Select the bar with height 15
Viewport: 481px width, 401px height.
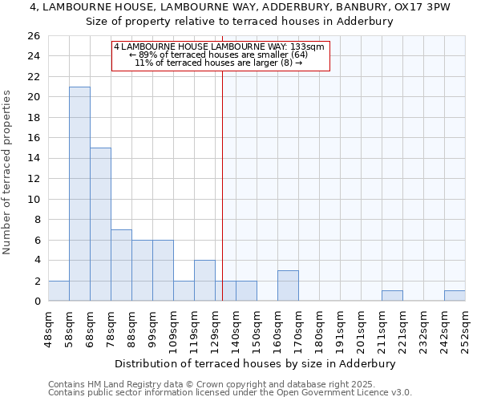tap(100, 225)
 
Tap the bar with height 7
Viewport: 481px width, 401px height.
tap(121, 265)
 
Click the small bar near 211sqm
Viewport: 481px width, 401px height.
tap(392, 296)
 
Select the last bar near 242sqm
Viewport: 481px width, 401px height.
tap(455, 296)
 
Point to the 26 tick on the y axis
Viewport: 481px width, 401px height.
tap(33, 36)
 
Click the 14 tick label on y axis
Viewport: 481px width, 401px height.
tap(33, 159)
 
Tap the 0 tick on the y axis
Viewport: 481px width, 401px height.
tap(36, 302)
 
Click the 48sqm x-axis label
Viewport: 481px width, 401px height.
tap(48, 327)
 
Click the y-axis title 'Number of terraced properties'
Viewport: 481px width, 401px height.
tap(7, 172)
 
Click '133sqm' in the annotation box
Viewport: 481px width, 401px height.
tap(309, 47)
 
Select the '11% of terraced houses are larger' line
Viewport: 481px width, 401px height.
tap(218, 63)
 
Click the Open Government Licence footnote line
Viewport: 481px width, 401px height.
tap(230, 393)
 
